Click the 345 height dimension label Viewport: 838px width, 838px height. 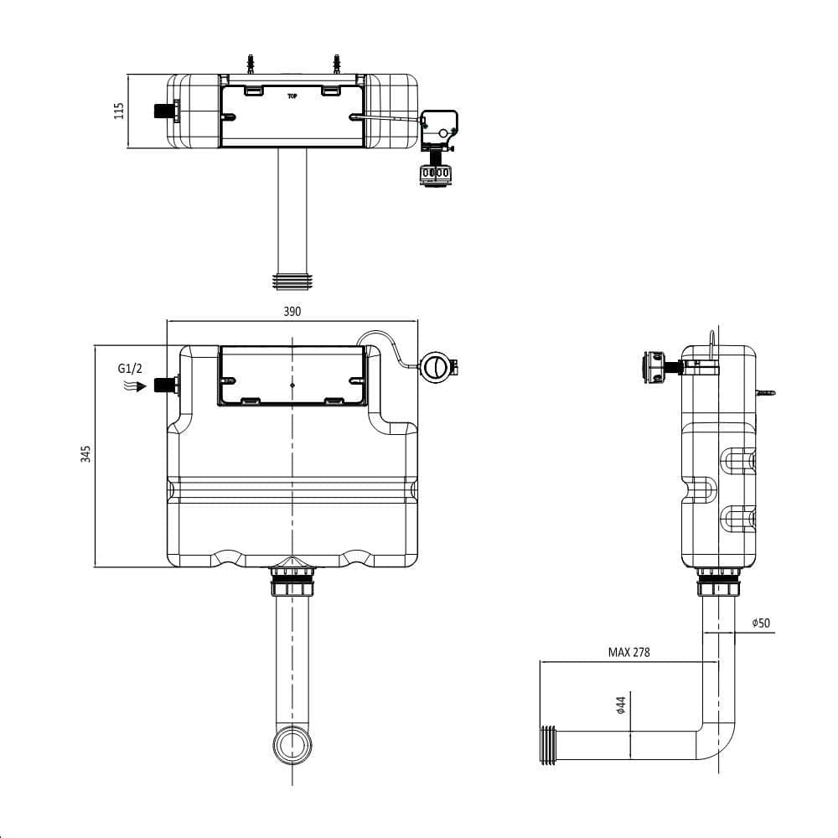85,454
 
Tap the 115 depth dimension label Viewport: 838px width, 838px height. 119,111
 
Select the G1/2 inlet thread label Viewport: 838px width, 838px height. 130,368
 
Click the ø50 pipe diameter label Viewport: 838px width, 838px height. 761,623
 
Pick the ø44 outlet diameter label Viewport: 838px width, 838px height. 621,706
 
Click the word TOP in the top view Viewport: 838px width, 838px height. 292,96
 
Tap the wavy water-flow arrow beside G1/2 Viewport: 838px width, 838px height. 131,386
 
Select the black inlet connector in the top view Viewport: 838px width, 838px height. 165,111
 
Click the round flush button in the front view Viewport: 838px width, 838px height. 434,367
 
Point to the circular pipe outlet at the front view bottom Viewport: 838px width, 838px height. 292,745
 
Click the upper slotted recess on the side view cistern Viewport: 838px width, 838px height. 738,459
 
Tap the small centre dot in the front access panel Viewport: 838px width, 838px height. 292,385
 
